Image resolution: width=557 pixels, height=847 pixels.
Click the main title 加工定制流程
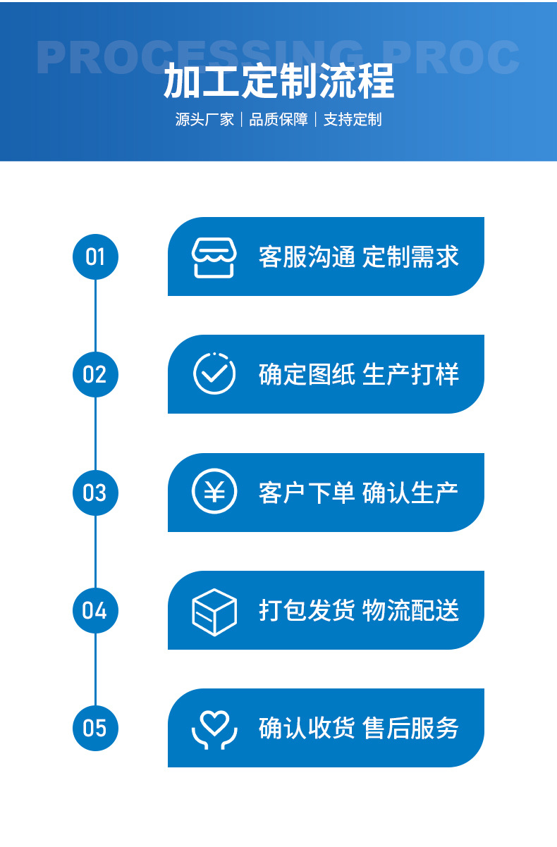278,82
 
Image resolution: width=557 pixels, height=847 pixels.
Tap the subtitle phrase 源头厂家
204,120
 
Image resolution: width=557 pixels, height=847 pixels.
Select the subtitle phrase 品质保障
278,120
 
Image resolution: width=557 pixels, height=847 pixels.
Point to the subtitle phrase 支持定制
353,120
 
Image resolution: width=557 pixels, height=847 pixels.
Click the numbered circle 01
95,256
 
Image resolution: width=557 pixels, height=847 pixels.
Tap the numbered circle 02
95,374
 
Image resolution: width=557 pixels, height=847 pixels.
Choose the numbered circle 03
95,492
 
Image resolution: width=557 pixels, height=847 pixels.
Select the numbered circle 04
95,610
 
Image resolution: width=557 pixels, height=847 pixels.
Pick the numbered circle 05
95,727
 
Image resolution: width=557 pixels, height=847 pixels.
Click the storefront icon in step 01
214,257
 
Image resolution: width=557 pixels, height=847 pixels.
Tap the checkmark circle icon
214,373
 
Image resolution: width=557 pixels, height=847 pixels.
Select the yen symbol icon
214,491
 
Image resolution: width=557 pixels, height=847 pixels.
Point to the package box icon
214,611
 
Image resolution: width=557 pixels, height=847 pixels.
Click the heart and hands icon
214,729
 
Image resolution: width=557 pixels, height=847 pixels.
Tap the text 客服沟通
307,256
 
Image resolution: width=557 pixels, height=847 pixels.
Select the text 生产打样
410,374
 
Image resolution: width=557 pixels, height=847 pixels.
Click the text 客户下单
307,492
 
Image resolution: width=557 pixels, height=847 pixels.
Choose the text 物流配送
410,610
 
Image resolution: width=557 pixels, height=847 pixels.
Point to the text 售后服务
410,727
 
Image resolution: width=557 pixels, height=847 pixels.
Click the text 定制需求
410,256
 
